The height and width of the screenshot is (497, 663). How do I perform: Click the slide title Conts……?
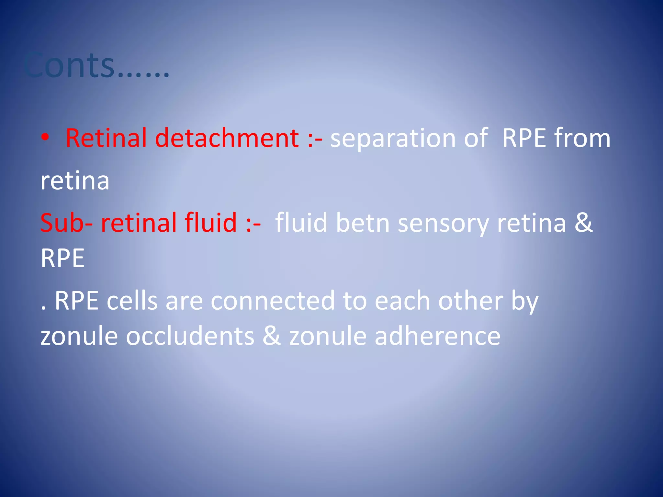coord(96,66)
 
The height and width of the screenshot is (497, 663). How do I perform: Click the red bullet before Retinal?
coord(45,138)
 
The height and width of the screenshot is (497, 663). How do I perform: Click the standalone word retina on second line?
coord(75,181)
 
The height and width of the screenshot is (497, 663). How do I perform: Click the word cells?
coord(132,301)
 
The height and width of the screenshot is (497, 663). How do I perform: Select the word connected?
coord(273,301)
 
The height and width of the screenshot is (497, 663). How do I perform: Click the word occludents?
coord(190,336)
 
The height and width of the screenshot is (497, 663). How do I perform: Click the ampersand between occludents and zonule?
coord(272,336)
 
